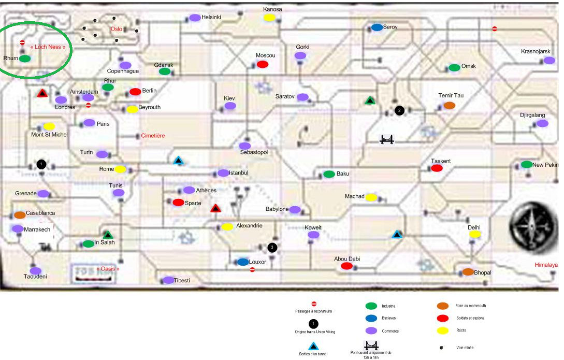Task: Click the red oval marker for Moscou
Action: (x=263, y=64)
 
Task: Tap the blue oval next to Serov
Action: (x=377, y=27)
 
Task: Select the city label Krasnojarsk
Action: (x=536, y=52)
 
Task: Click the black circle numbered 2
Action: (x=399, y=110)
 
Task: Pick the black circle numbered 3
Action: (x=273, y=248)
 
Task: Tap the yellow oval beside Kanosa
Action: (x=269, y=18)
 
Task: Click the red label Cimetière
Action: (x=153, y=136)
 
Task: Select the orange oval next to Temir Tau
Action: (x=450, y=105)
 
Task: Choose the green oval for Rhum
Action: (x=25, y=59)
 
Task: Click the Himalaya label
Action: (x=546, y=265)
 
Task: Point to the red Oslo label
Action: (x=116, y=29)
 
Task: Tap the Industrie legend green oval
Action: (x=371, y=306)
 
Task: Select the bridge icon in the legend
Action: (x=372, y=345)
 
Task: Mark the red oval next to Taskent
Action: (x=437, y=168)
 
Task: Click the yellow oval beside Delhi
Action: (x=475, y=234)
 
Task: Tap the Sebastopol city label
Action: (x=254, y=152)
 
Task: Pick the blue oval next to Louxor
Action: (x=243, y=262)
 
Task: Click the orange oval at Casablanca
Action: (x=20, y=214)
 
